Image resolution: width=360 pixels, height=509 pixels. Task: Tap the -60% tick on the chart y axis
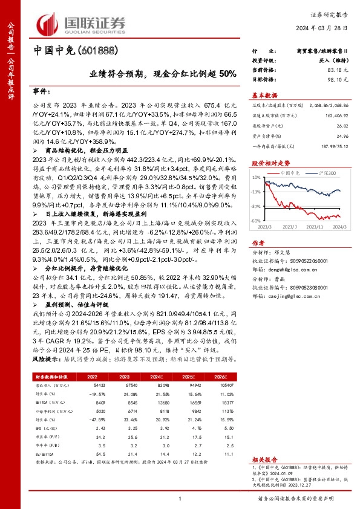pyautogui.click(x=255, y=220)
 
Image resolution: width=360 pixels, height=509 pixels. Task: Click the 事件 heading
pyautogui.click(x=41, y=89)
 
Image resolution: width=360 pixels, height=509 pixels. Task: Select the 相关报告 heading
pyautogui.click(x=264, y=459)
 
